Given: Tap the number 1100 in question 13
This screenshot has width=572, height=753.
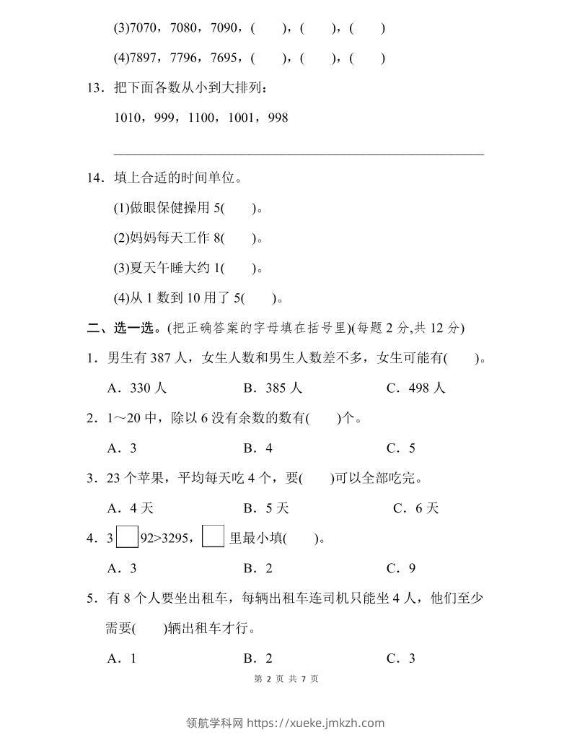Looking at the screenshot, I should point(204,117).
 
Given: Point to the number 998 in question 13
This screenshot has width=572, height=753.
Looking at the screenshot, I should point(278,117).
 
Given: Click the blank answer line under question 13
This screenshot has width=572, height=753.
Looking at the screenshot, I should point(299,152).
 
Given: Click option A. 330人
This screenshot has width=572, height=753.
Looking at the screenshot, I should point(136,388).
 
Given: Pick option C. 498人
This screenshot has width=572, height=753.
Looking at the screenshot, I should point(415,388).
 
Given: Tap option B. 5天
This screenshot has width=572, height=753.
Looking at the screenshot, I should point(266,508).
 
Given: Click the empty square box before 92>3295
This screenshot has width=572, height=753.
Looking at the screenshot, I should point(126,537).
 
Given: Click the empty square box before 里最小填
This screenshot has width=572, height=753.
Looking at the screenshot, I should point(213,537).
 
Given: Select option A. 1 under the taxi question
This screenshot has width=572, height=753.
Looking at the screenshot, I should point(122,658).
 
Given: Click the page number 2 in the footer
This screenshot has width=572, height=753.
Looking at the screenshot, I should point(267,679).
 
